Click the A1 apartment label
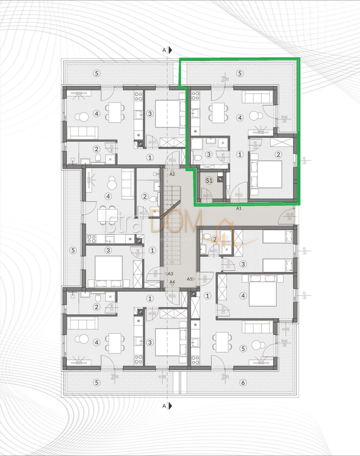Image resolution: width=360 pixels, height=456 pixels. tap(239, 208)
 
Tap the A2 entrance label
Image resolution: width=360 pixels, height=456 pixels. tap(172, 174)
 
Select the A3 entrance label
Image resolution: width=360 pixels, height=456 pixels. tap(170, 274)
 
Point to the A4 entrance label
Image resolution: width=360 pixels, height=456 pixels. tap(172, 282)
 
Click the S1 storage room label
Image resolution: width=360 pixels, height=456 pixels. tap(209, 180)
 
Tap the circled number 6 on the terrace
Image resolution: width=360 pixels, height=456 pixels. tap(243, 382)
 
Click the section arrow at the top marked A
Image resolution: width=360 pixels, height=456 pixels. tap(170, 50)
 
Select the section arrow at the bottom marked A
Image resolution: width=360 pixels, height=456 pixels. tap(170, 406)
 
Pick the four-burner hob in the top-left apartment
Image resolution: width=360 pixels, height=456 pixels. tap(138, 96)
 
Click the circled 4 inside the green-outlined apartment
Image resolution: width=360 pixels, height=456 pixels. tap(239, 118)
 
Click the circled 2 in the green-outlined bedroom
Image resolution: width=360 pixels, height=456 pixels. tap(278, 155)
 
